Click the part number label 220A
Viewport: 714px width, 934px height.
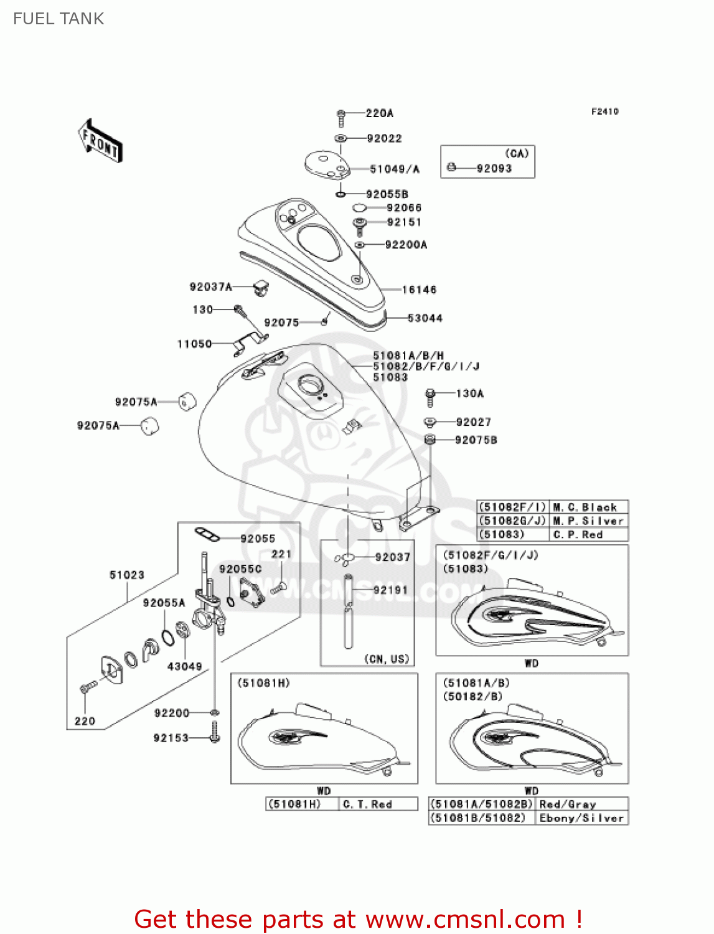tap(379, 113)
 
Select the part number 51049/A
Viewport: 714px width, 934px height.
tap(395, 169)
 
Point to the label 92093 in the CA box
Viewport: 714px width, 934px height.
tap(494, 168)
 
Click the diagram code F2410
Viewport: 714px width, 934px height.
tap(604, 111)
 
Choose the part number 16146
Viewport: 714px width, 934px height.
tap(419, 290)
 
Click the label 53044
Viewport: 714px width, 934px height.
tap(425, 318)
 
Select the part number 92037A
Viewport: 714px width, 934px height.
tap(210, 287)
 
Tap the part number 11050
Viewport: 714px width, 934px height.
tap(194, 344)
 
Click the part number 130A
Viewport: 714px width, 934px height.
tap(469, 394)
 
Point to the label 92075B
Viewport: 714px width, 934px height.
tap(476, 440)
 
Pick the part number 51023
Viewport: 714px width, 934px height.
tap(126, 575)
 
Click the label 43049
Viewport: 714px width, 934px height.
tap(184, 666)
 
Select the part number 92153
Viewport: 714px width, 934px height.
tap(171, 738)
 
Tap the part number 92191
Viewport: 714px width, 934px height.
tap(390, 590)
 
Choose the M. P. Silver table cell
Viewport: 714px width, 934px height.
tap(588, 521)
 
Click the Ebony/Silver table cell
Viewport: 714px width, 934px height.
tap(581, 818)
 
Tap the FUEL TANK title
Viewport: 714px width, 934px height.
tap(59, 19)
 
